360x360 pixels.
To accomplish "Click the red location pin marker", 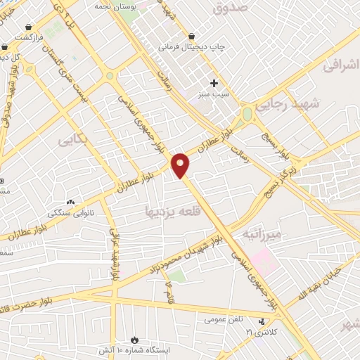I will point(181,165).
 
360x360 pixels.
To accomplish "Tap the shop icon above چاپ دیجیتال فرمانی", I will point(191,36).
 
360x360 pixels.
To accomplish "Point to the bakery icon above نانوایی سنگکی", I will point(70,202).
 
